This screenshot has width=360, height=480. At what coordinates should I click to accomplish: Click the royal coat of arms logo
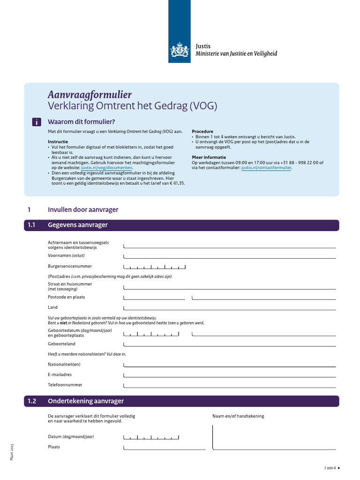pyautogui.click(x=179, y=50)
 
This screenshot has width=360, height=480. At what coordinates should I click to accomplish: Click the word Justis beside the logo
pyautogui.click(x=203, y=46)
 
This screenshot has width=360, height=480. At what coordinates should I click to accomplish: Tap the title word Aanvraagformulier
pyautogui.click(x=90, y=94)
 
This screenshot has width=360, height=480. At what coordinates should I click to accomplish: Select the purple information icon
pyautogui.click(x=37, y=122)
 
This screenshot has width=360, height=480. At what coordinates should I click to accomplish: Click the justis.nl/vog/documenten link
pyautogui.click(x=107, y=167)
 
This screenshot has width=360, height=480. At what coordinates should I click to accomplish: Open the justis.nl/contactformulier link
pyautogui.click(x=266, y=167)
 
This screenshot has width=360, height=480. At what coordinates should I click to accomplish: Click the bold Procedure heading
pyautogui.click(x=202, y=132)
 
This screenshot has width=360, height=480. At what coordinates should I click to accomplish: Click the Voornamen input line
pyautogui.click(x=230, y=256)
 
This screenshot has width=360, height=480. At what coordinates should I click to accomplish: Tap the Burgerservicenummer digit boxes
pyautogui.click(x=155, y=267)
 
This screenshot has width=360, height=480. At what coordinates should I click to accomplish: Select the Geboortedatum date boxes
pyautogui.click(x=151, y=334)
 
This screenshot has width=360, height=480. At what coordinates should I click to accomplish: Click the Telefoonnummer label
pyautogui.click(x=65, y=385)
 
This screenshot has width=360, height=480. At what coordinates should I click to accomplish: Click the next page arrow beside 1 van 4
pyautogui.click(x=339, y=468)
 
